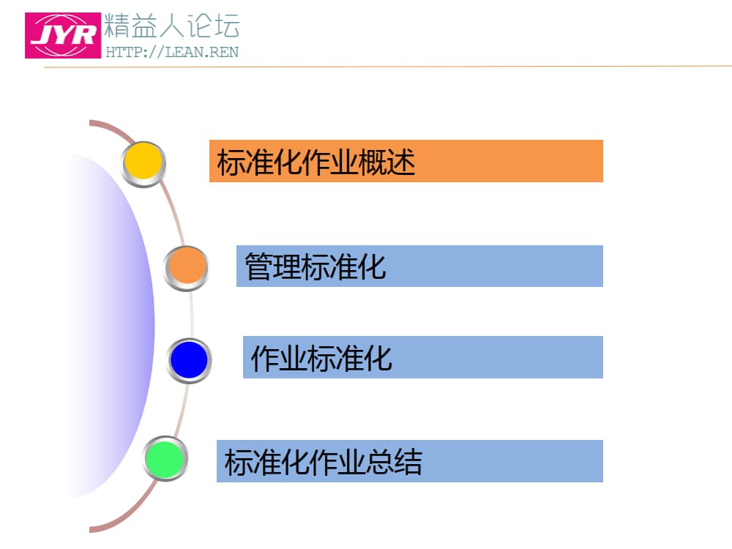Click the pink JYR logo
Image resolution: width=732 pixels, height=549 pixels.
[63, 34]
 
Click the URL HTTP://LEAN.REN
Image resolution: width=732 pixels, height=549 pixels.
[172, 52]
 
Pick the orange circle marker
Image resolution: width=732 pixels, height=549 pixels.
[186, 266]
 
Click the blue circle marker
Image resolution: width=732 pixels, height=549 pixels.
[189, 359]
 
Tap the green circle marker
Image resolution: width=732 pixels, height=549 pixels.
[165, 459]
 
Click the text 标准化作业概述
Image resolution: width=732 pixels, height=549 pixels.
[316, 162]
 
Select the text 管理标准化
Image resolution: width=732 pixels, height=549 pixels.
[315, 266]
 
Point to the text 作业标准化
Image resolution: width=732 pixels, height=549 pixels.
[321, 359]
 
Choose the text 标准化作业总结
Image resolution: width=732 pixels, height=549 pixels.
[323, 462]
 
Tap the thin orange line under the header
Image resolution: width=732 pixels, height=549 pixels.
[388, 67]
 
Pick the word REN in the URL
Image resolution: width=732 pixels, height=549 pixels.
[223, 52]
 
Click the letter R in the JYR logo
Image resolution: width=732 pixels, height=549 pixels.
[83, 35]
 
